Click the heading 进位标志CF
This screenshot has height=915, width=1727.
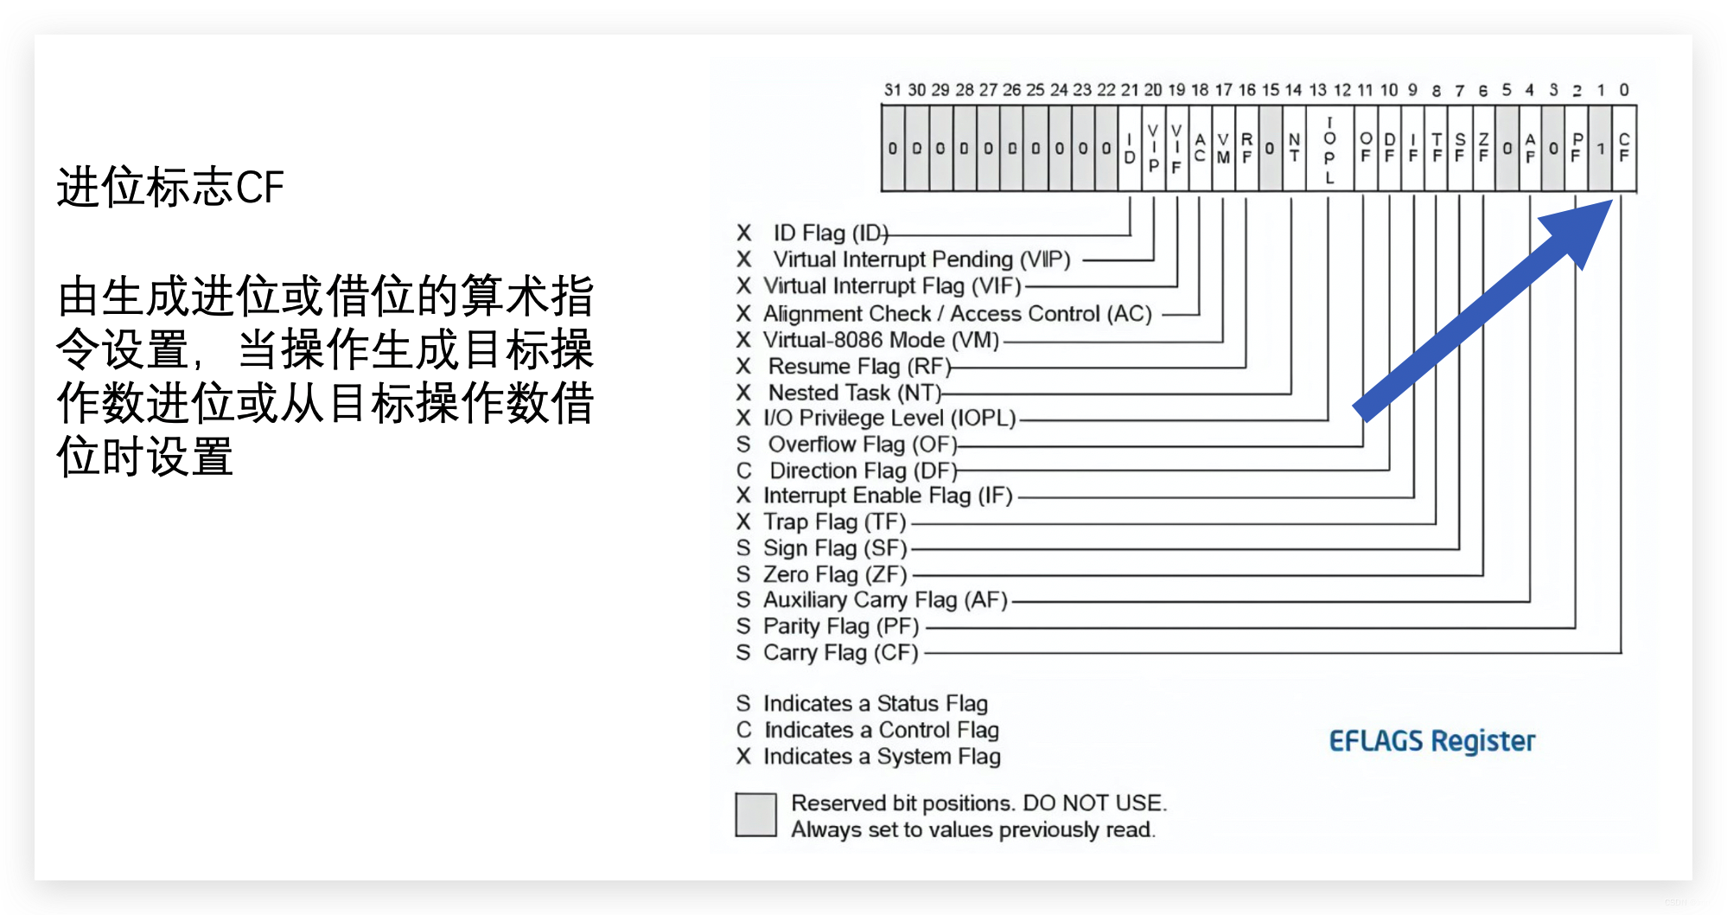(170, 187)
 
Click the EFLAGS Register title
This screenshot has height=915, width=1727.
(1431, 741)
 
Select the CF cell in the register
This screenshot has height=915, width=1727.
(1624, 148)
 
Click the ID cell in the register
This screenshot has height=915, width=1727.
(1130, 148)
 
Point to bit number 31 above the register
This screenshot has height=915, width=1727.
(892, 90)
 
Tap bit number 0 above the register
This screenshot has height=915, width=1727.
(1624, 90)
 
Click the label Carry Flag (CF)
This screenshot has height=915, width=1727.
(840, 652)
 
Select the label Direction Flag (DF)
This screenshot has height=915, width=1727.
(863, 470)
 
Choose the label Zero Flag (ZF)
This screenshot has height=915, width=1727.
(835, 574)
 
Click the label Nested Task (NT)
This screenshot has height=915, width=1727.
(854, 393)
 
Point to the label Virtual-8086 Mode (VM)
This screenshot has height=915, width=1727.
(881, 340)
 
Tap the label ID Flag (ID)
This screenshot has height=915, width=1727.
(830, 233)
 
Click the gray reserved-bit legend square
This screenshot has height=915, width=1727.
(755, 815)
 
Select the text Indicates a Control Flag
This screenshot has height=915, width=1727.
(882, 730)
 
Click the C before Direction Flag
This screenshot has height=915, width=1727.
(743, 470)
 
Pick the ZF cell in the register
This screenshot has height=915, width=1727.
(1483, 148)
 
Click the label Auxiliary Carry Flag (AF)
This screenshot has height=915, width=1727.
(885, 600)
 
